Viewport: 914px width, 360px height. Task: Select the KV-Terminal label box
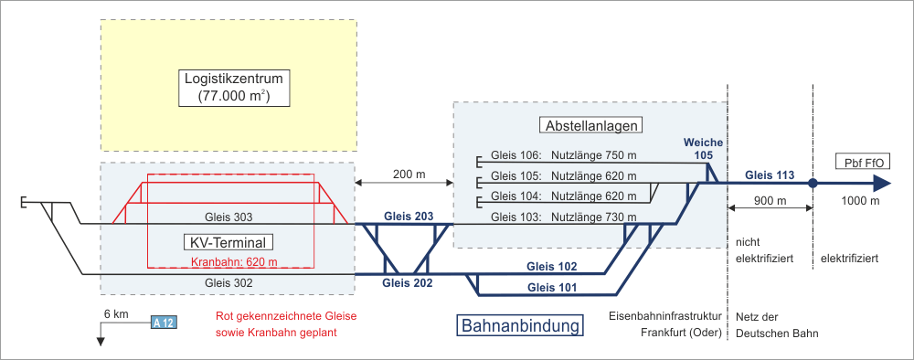(228, 242)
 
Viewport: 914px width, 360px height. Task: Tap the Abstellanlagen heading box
(591, 125)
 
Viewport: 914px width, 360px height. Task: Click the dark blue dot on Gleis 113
(813, 184)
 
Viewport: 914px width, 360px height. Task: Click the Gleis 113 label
(770, 175)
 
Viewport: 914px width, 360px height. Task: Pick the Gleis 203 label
(409, 217)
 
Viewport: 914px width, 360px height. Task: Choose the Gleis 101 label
(553, 287)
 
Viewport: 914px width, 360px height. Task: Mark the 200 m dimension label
(405, 175)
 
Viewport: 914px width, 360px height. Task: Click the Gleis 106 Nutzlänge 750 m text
(564, 156)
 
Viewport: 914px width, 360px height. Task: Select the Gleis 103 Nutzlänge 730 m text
(564, 217)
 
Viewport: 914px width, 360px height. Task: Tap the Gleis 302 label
(228, 283)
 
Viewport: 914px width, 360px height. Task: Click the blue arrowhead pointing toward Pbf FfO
(883, 184)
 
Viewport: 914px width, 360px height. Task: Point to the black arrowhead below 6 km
(101, 342)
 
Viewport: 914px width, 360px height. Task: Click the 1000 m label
(860, 201)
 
